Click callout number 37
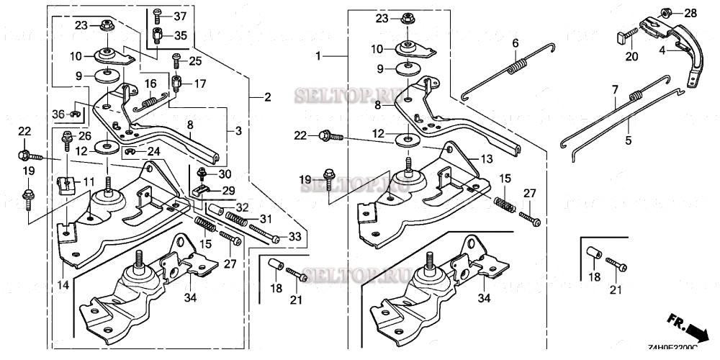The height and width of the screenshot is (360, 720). point(179,16)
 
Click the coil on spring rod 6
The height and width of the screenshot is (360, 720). point(517,69)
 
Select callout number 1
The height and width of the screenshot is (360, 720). point(318,55)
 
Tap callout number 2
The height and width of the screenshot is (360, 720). point(267,97)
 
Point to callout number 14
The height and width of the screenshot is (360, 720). point(64,285)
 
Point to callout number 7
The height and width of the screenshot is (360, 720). point(614,91)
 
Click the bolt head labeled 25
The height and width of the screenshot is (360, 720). point(175,56)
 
